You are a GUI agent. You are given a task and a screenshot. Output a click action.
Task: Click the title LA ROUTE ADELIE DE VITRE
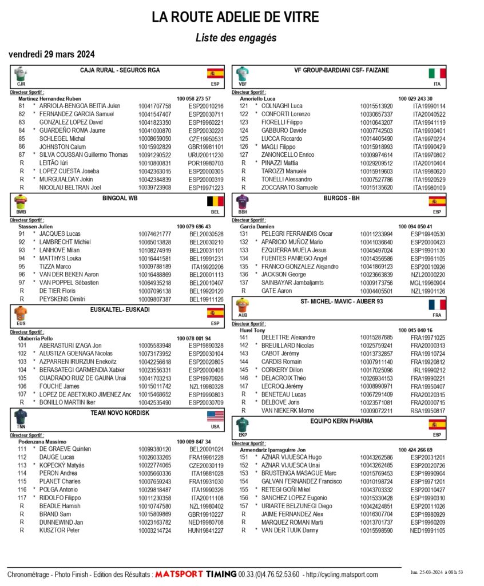(236, 17)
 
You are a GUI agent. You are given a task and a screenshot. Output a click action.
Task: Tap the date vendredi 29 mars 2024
(51, 54)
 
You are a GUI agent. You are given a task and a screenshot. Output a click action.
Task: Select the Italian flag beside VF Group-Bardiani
(437, 73)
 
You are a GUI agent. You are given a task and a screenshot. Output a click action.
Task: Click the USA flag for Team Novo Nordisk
(215, 416)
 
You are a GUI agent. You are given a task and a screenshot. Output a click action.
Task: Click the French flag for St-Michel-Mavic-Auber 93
(437, 304)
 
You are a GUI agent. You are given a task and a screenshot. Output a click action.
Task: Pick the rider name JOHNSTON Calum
(62, 146)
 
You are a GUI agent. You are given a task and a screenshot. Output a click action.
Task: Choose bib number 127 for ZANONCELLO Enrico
(244, 155)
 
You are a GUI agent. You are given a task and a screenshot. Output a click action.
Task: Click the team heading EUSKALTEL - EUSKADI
(120, 310)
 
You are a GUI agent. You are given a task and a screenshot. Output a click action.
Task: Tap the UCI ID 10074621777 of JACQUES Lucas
(154, 233)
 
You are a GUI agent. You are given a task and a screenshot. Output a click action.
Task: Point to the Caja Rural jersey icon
(21, 73)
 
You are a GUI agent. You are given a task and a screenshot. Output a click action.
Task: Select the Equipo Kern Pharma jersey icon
(243, 425)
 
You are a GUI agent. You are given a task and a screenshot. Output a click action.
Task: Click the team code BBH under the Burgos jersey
(243, 212)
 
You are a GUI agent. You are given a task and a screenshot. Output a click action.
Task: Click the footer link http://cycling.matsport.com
(342, 573)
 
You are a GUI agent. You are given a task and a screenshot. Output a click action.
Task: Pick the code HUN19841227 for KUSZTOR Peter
(206, 530)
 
